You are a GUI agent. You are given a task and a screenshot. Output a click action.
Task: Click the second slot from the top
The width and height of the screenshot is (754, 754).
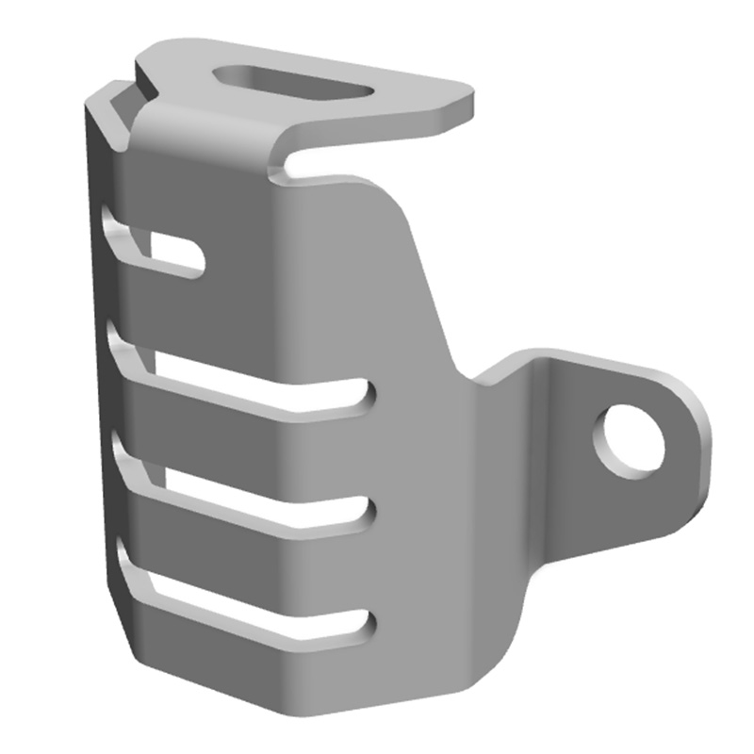tap(264, 385)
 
